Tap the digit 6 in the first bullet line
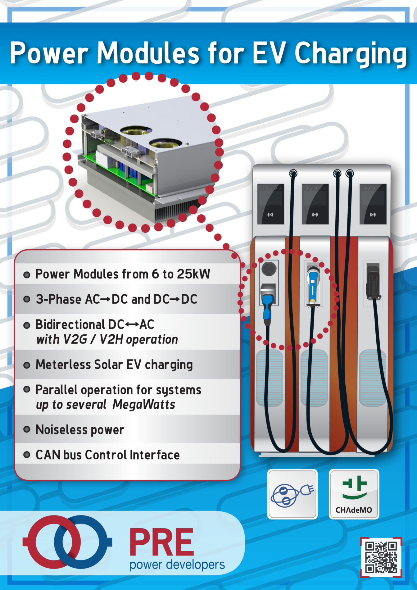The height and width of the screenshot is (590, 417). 155,274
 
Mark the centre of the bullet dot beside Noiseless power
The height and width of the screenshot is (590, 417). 27,429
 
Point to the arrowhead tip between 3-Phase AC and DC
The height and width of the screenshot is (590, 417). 110,299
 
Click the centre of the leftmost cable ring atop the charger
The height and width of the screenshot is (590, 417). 293,173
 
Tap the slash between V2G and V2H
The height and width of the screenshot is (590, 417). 93,339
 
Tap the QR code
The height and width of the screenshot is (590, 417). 381,557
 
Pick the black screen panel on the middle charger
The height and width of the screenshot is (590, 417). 315,204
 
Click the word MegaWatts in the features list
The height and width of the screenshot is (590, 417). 144,405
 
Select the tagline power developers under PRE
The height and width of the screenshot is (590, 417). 177,565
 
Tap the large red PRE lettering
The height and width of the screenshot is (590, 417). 161,542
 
